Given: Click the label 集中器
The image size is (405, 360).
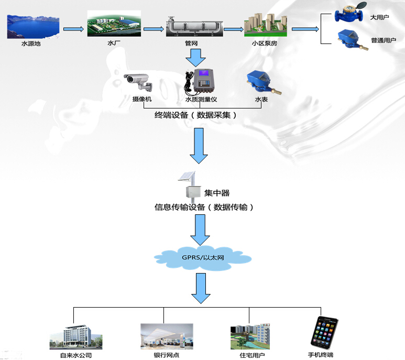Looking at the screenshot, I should click(216, 193).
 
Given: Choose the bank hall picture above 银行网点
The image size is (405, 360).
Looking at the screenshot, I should click(166, 336).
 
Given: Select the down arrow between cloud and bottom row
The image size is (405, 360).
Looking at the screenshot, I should click(201, 290).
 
